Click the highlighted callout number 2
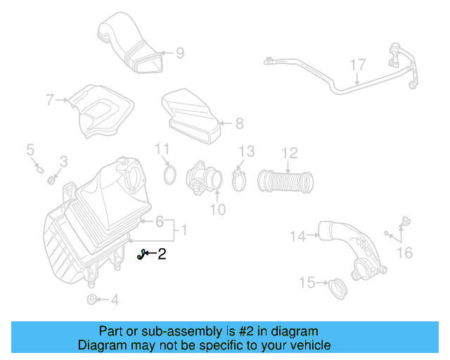pos(162,254)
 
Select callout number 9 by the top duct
pos(179,52)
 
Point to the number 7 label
pos(50,101)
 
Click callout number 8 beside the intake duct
pos(239,124)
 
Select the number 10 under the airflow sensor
pos(218,209)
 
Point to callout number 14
pos(299,237)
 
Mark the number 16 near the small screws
pos(405,252)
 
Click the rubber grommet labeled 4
pos(91,300)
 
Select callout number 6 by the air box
pos(160,222)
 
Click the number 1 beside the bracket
pos(184,230)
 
